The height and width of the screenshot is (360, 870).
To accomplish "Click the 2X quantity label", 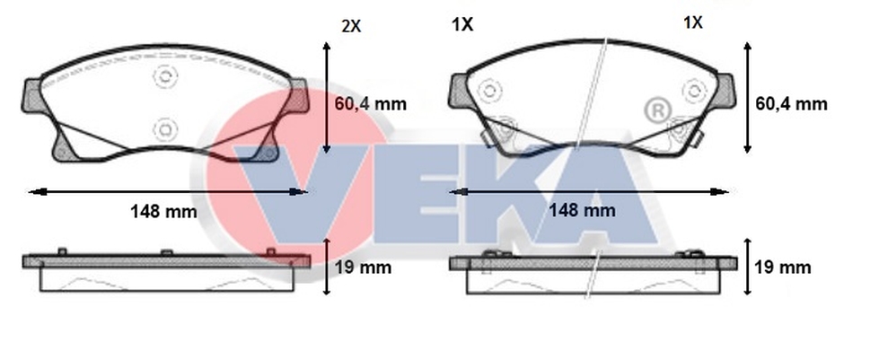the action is [x=351, y=25].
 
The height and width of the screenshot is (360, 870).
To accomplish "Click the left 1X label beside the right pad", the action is [x=461, y=24].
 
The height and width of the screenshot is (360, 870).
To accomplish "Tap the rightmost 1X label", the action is [x=692, y=22].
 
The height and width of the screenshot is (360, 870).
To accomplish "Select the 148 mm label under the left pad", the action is [x=163, y=211].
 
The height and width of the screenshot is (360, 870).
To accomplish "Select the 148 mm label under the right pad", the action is [x=582, y=210].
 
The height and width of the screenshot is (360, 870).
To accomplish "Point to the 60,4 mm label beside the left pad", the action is [x=371, y=104].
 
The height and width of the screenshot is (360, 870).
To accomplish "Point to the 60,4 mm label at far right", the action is [x=791, y=104].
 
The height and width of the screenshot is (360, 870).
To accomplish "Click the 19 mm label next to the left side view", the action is [x=364, y=268].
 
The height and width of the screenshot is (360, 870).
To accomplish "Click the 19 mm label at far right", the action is [x=783, y=268].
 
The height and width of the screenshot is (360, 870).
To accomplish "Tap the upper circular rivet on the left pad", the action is [x=164, y=76].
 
